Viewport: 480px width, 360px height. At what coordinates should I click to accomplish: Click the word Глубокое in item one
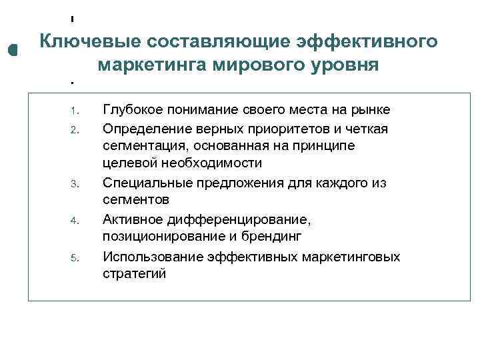(x=134, y=109)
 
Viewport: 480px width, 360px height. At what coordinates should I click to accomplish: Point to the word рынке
(x=370, y=109)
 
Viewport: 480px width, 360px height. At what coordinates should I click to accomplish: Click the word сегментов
(x=136, y=200)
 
